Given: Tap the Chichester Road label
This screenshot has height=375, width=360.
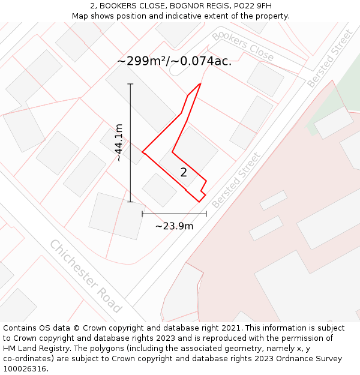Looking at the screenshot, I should coord(85,276).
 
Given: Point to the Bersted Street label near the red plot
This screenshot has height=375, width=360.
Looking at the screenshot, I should coord(236,180).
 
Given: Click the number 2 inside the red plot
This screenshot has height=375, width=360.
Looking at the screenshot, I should coord(184,173).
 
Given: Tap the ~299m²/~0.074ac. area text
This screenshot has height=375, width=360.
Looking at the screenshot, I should coord(174,61).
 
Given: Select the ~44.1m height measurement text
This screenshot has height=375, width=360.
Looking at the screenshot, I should coord(119,143).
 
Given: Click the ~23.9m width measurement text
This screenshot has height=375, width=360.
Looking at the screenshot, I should coord(174,226).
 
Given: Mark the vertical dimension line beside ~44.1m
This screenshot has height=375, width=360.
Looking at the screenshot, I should coord(130,143).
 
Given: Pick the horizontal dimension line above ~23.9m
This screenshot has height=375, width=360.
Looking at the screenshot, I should coord(174,214).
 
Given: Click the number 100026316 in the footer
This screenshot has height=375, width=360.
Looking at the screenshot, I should coord(26,369).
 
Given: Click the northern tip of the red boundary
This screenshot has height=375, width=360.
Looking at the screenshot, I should coord(200,83).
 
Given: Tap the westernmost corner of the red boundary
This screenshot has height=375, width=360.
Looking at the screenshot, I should coord(142,152).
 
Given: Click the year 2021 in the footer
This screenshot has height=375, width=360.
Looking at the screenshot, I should coord(232,328).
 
